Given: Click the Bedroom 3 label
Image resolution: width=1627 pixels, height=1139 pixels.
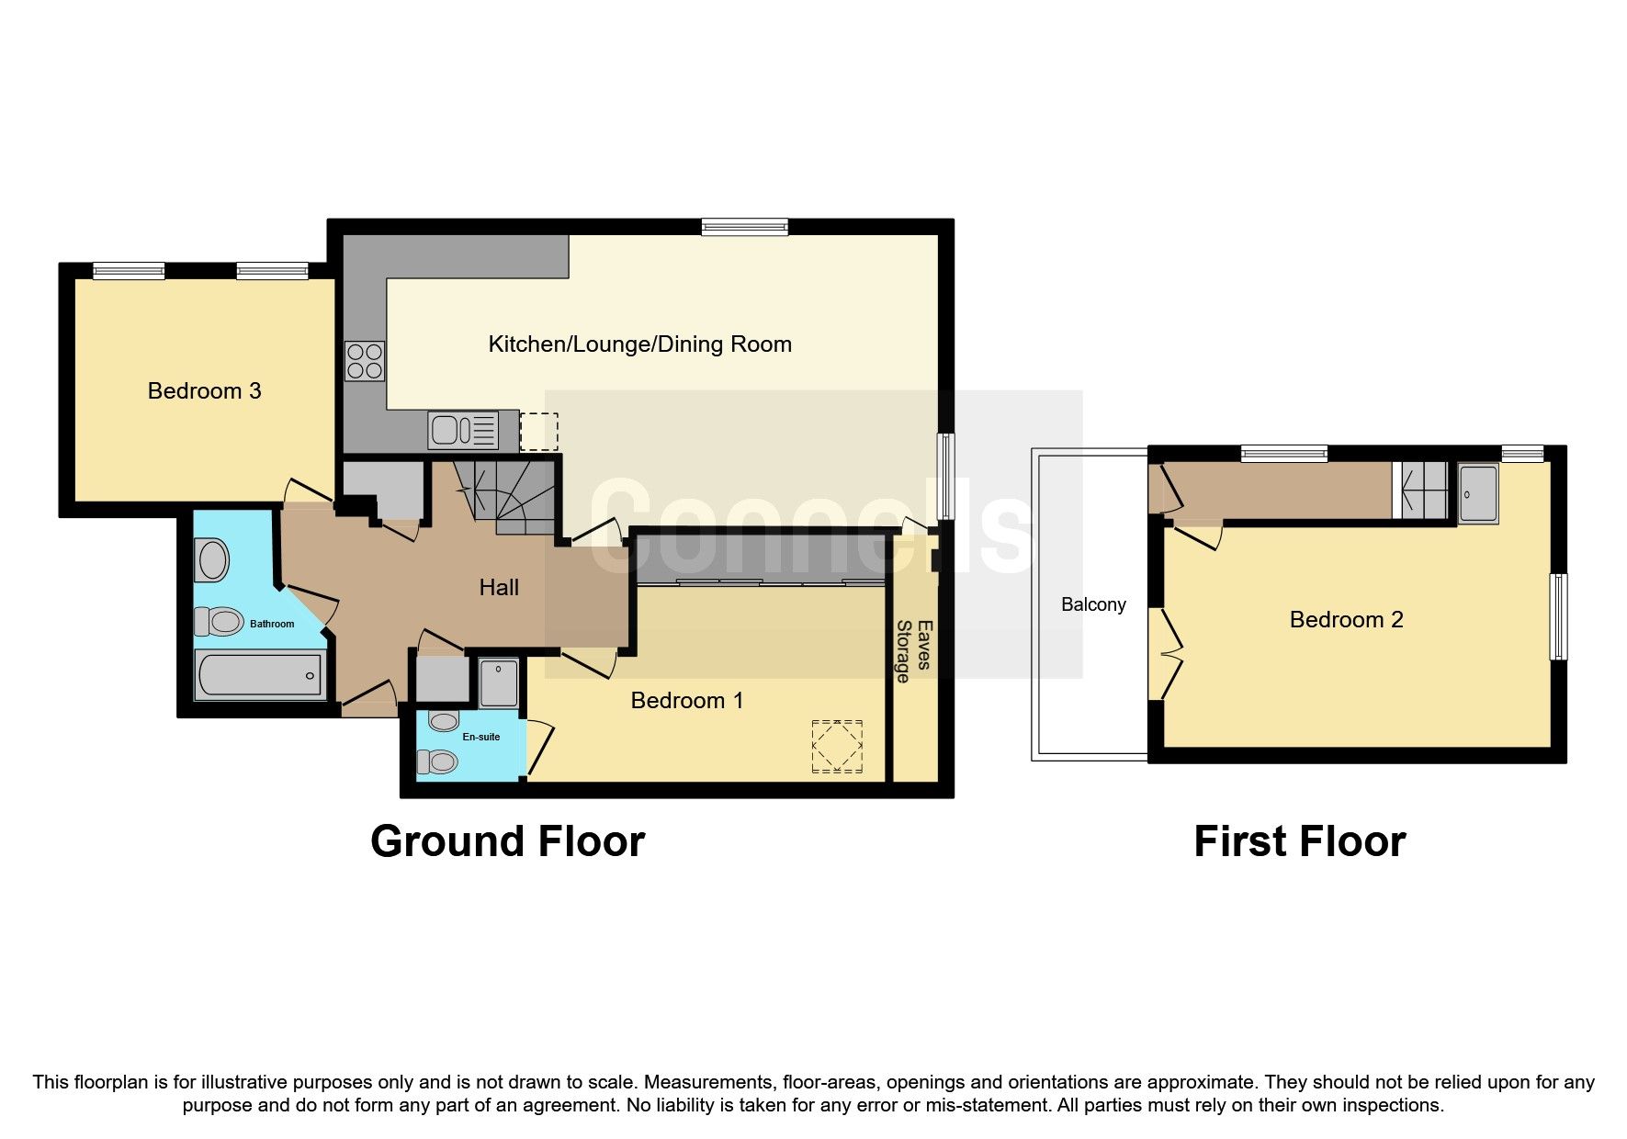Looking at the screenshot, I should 204,391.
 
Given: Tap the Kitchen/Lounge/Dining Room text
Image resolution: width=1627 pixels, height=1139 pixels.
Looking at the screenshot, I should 639,344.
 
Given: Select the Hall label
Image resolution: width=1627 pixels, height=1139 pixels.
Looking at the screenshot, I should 499,588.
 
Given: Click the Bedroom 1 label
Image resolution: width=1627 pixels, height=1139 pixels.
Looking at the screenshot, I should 686,701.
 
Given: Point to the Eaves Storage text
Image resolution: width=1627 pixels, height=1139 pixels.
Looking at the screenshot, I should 914,651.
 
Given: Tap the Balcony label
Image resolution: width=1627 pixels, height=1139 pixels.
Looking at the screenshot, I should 1093,604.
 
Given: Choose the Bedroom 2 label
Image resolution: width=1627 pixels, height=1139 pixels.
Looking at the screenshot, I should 1346,620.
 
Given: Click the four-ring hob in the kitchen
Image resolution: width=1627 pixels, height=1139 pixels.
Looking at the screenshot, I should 365,360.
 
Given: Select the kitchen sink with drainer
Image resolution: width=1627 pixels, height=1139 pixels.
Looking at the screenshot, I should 464,430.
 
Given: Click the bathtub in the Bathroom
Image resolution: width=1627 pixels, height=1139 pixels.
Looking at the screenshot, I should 260,675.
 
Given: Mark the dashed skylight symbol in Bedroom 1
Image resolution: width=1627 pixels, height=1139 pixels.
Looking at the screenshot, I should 837,747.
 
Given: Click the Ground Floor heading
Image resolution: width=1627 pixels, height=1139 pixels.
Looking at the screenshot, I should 507,841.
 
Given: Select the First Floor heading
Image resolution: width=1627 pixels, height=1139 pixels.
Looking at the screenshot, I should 1299,841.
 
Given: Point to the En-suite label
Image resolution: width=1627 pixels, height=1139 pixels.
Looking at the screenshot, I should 481,737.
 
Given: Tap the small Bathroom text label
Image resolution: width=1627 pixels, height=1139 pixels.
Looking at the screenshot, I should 272,624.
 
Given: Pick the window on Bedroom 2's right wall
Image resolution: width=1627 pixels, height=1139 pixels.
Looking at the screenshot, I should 1558,616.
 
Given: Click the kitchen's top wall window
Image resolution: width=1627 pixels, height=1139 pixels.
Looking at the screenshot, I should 744,226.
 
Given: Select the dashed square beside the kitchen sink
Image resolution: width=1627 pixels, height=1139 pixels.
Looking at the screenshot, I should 538,432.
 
